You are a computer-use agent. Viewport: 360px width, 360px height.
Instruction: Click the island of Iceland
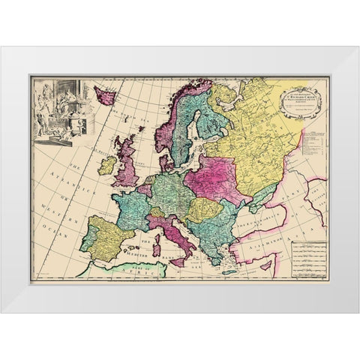coord(104,96)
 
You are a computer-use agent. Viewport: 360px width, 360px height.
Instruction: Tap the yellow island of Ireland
coord(107,164)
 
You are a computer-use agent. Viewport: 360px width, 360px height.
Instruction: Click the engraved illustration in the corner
coord(60,106)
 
